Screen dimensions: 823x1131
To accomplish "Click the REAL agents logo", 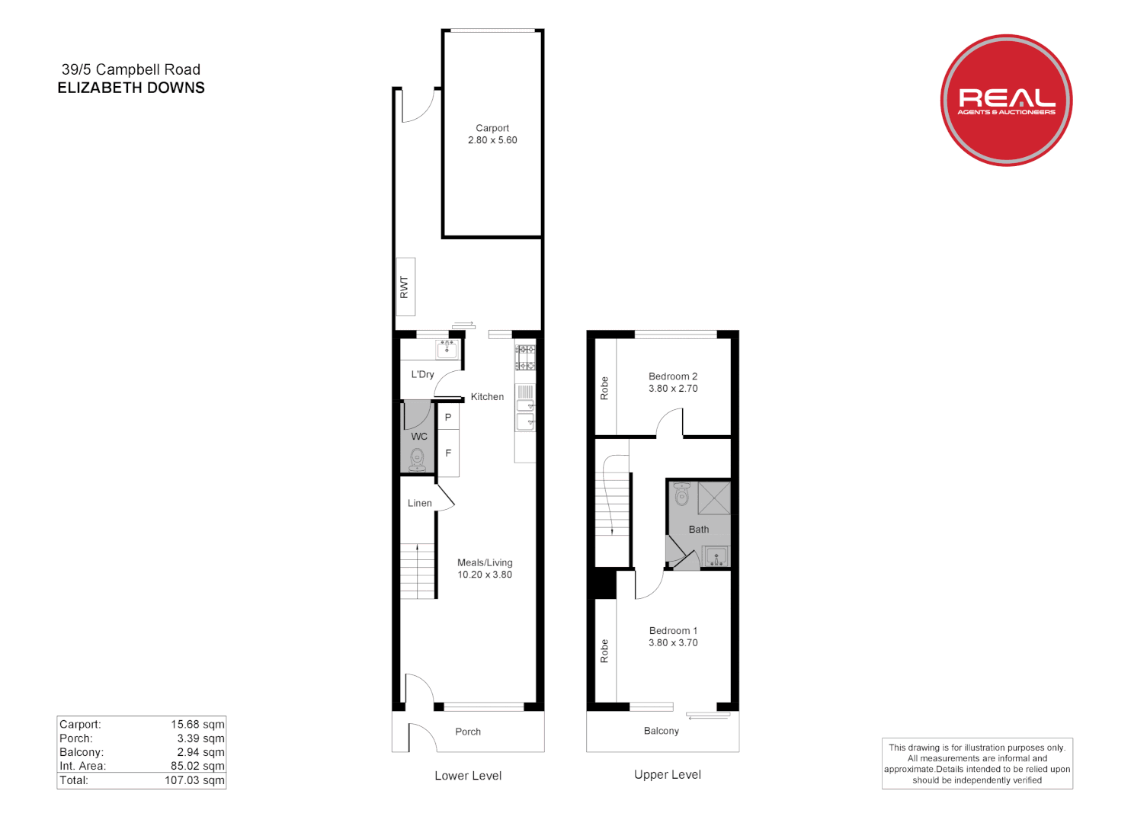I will coord(1006,100).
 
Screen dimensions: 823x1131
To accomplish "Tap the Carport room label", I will coord(492,128).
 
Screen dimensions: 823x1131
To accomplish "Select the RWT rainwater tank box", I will coord(405,287).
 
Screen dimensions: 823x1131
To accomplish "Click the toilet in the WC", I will coord(418,458).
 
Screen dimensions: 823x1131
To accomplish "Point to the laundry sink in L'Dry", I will coord(447,349).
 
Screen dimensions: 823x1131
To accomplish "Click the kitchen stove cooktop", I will coord(525,357).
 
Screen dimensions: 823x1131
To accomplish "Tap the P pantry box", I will coord(448,417).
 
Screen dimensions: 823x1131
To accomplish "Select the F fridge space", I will coord(448,453).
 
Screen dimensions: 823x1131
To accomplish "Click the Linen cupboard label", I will coord(419,503).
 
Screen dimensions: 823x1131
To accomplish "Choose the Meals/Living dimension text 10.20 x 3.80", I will coord(485,575).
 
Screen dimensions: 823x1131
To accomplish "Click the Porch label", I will coord(468,732).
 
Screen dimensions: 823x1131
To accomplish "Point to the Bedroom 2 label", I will coord(673,376).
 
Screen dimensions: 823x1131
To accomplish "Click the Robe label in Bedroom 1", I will coord(604,651).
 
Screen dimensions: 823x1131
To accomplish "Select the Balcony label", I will coord(661,731).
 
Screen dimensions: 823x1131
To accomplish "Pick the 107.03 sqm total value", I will coord(194,780).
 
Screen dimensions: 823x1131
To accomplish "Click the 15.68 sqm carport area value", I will coord(197,725).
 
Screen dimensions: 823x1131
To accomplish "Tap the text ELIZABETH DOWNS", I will coord(131,88).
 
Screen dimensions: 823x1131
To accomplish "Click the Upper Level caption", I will coord(668,775).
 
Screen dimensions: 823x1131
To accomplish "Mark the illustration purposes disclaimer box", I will coord(977,764).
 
